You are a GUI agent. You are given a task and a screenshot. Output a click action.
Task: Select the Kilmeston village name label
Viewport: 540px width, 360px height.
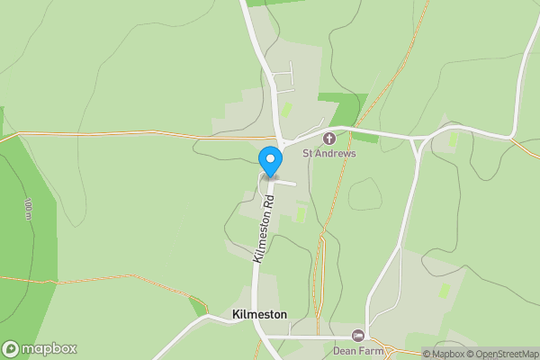click(x=259, y=314)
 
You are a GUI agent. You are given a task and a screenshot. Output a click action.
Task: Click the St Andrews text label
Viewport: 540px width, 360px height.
click(x=329, y=153)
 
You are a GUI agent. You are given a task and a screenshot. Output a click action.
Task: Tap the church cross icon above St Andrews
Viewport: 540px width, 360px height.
click(x=329, y=139)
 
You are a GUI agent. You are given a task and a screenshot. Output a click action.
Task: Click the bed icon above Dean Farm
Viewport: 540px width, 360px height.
click(x=358, y=336)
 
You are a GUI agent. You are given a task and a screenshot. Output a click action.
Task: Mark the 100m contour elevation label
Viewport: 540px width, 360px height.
click(x=28, y=208)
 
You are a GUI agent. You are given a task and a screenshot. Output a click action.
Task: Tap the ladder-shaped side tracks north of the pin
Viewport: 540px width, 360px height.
click(x=283, y=79)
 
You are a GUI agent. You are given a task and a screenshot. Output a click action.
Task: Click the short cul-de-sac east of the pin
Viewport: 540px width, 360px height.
click(x=286, y=183)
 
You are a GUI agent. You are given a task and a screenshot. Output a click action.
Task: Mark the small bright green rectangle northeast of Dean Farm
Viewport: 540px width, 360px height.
click(x=444, y=290)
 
